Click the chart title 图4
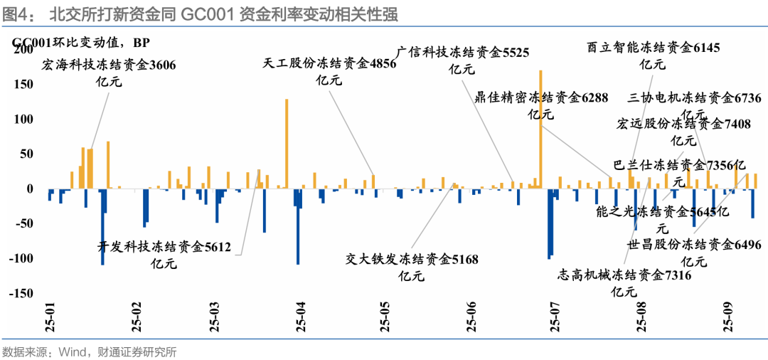point(16,14)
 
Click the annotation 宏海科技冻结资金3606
point(109,65)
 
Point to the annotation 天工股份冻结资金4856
point(329,63)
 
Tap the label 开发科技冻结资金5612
point(164,247)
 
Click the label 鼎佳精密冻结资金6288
point(541,97)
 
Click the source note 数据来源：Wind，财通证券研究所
point(90,351)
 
